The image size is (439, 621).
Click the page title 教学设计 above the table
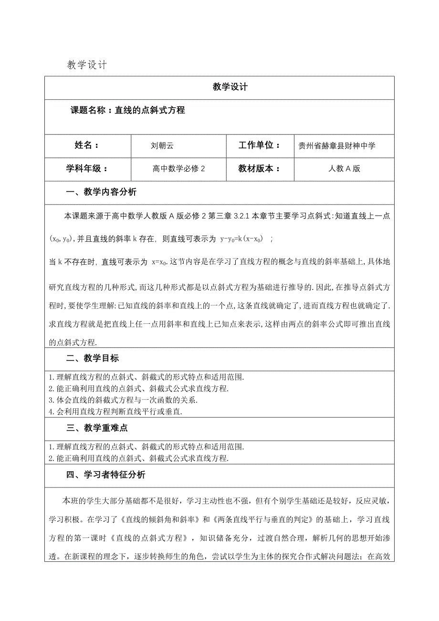pyautogui.click(x=87, y=65)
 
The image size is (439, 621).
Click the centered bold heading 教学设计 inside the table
pyautogui.click(x=230, y=87)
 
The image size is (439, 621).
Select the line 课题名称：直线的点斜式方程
pyautogui.click(x=127, y=110)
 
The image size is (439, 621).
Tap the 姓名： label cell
pyautogui.click(x=87, y=145)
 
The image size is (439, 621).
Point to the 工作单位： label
pyautogui.click(x=259, y=145)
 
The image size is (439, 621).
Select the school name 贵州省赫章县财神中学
pyautogui.click(x=337, y=146)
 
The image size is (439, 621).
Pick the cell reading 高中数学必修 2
pyautogui.click(x=178, y=169)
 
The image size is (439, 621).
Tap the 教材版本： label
pyautogui.click(x=259, y=169)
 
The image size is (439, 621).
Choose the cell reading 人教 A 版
pyautogui.click(x=344, y=169)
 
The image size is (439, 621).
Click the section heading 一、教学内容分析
pyautogui.click(x=101, y=192)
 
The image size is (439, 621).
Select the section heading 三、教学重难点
pyautogui.click(x=96, y=428)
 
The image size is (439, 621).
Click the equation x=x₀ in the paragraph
pyautogui.click(x=160, y=261)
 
